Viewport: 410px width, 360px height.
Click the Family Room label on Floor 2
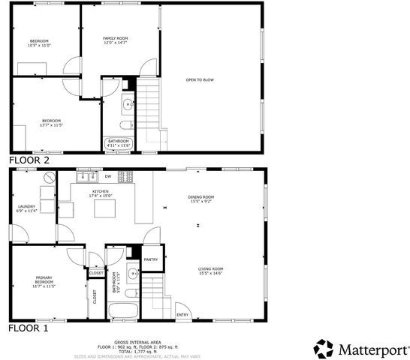(116, 40)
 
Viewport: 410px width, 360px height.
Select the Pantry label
(150, 259)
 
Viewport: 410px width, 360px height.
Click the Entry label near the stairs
(182, 315)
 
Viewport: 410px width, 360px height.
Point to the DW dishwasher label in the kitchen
(108, 176)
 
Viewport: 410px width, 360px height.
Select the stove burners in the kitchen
(125, 177)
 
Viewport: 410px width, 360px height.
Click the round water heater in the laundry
(50, 178)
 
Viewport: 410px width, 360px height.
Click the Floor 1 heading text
(28, 328)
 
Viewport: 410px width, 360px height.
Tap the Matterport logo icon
(323, 349)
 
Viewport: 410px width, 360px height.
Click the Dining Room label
(200, 199)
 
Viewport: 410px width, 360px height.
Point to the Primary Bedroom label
(43, 282)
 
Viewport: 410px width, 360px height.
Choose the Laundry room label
(26, 208)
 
